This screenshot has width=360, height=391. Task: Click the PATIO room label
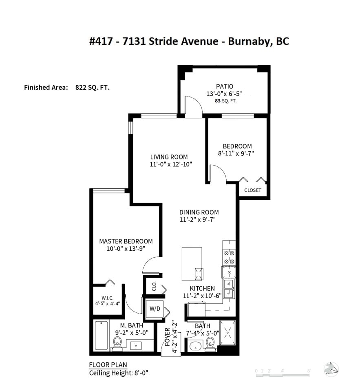tap(225, 86)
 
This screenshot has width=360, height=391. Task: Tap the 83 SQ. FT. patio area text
tap(225, 101)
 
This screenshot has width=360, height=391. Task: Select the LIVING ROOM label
tap(169, 157)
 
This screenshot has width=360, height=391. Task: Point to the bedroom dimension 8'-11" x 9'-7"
tap(236, 153)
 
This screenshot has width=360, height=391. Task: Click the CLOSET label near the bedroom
tap(252, 190)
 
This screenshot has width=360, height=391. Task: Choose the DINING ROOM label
tap(199, 212)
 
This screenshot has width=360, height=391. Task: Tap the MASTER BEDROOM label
tap(126, 241)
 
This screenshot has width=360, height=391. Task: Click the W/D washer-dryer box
tap(155, 309)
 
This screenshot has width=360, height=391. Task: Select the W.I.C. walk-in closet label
tap(108, 298)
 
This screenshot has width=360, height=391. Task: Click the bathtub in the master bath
tap(101, 336)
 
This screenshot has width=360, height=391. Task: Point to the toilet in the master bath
tap(117, 344)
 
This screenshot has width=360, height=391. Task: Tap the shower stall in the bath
tap(227, 333)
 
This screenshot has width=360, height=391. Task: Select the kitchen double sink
tap(229, 289)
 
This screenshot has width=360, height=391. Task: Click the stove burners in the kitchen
tap(229, 257)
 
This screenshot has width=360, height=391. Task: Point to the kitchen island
tap(192, 264)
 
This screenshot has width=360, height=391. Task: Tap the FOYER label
tap(168, 337)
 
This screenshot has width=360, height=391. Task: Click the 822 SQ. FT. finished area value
tap(93, 88)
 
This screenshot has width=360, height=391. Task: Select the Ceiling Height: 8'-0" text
tap(119, 373)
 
